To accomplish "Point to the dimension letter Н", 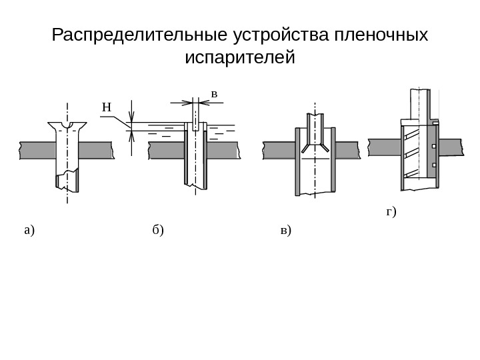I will tap(106, 107).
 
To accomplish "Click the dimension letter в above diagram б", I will tap(214, 94).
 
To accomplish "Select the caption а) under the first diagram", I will tap(29, 231).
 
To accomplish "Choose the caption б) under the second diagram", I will tap(157, 231).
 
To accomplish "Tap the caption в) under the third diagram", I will tap(286, 231).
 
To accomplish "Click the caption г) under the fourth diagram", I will tap(391, 213).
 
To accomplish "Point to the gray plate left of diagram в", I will tap(279, 150).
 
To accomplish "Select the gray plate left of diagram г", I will tap(384, 147).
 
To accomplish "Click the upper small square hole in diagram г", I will tap(434, 146).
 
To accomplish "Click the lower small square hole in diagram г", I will tap(434, 165).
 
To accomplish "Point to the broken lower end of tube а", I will tap(67, 181).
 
